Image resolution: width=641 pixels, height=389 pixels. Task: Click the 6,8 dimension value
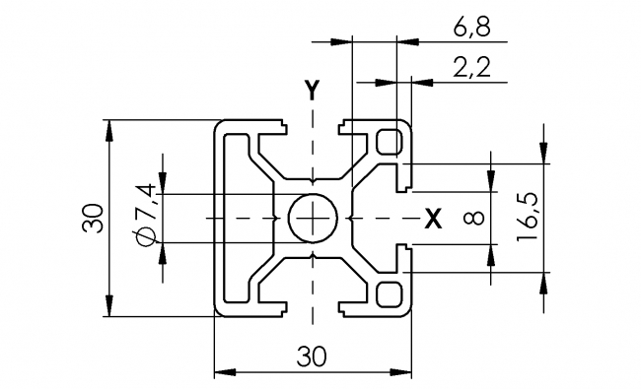point(469,29)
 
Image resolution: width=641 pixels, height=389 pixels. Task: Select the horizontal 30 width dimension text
point(313,357)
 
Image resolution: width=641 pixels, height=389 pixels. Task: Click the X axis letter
point(431,219)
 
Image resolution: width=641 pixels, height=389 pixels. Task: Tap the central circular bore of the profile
point(314,217)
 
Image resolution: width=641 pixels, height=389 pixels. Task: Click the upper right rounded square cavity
point(391,141)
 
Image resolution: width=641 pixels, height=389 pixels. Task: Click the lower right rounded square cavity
point(391,293)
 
